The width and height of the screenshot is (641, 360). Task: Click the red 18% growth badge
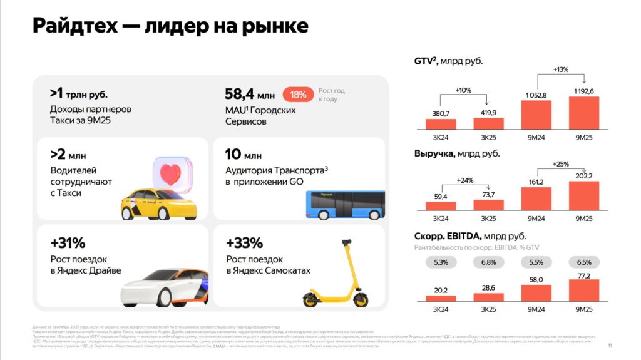point(298,95)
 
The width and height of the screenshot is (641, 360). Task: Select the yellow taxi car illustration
point(158,200)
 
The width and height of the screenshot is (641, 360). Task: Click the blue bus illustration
point(345,205)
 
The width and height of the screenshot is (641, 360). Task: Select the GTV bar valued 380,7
point(441,124)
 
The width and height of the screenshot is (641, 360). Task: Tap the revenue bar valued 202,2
point(583,196)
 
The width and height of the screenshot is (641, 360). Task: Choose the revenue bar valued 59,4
point(441,206)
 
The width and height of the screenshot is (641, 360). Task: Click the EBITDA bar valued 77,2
point(583,290)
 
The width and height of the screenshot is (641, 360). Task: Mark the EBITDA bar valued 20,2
point(441,298)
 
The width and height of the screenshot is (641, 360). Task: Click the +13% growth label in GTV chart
point(560,69)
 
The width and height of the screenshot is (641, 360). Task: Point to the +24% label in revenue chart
point(464,181)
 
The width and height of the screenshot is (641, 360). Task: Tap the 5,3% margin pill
point(441,262)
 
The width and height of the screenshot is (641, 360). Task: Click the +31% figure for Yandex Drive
point(68,243)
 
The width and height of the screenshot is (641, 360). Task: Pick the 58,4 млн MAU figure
point(249,95)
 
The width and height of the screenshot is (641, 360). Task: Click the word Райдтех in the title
point(78,26)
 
